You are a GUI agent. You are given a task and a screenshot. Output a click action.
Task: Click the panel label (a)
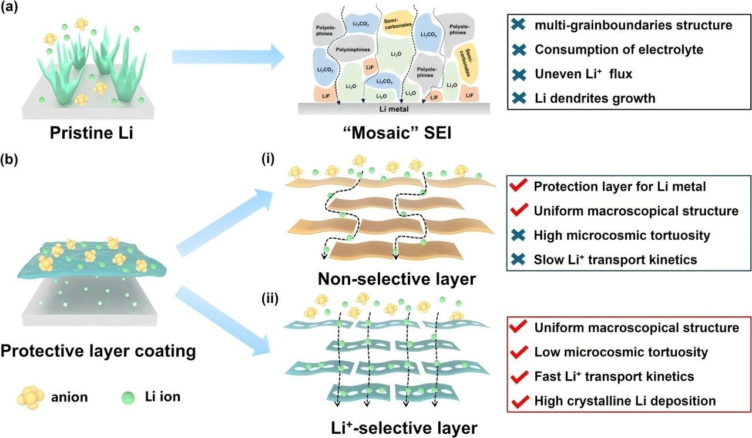click(9, 6)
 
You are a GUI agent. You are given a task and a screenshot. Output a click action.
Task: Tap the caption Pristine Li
click(91, 133)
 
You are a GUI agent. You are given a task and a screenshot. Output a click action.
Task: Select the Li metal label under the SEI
click(394, 109)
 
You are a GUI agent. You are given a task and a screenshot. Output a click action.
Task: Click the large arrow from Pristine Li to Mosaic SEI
click(229, 57)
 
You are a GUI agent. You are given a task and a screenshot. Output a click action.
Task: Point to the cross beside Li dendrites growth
click(519, 98)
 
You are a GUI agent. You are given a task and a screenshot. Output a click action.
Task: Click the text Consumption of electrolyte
click(619, 49)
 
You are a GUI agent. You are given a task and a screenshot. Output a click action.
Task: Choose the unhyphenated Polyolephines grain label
click(353, 49)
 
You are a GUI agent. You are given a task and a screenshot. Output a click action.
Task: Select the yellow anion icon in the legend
click(31, 397)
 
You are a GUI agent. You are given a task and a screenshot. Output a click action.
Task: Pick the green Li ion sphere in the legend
click(128, 397)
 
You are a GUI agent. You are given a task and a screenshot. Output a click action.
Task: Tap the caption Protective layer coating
click(98, 352)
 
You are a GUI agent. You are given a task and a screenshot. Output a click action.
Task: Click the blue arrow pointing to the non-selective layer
click(224, 223)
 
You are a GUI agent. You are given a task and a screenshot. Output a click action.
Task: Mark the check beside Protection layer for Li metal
click(518, 186)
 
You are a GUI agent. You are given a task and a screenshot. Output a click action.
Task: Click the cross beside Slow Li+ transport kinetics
click(518, 259)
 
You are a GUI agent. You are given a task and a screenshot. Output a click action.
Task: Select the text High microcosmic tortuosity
click(622, 235)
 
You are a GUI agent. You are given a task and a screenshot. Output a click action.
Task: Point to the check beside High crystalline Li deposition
click(519, 401)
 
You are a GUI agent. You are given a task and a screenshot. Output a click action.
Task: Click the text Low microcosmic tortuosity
click(621, 352)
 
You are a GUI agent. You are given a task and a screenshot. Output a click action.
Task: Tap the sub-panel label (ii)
click(270, 298)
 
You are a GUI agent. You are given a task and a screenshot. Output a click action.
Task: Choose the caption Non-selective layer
click(397, 279)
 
